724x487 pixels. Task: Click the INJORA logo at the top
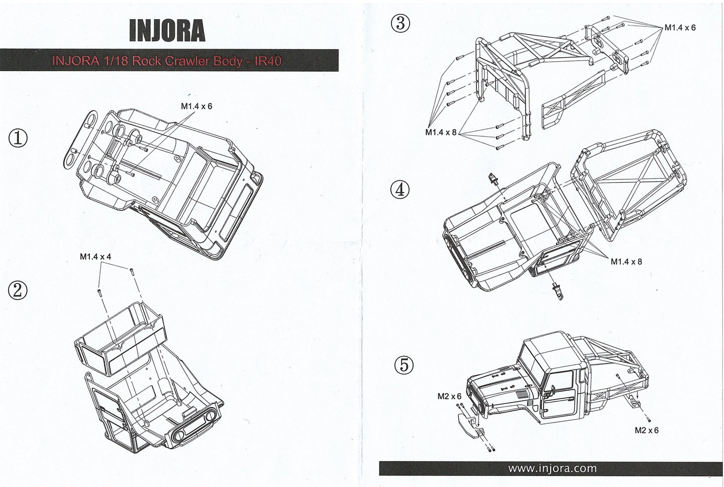click(x=167, y=31)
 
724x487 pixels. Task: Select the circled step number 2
click(x=18, y=290)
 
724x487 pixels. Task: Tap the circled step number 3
click(x=401, y=24)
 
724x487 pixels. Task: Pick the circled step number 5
click(x=404, y=365)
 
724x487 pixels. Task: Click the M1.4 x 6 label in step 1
click(x=196, y=106)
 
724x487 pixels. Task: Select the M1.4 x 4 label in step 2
click(x=95, y=257)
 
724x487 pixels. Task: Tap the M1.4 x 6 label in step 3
click(x=680, y=28)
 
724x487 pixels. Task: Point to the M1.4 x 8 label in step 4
click(x=626, y=261)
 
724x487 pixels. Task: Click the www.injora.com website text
click(x=552, y=468)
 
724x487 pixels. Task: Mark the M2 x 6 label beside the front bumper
click(x=449, y=396)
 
